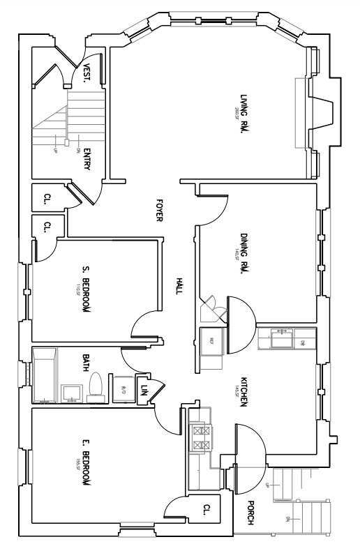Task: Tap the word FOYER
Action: point(159,209)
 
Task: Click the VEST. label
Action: point(87,73)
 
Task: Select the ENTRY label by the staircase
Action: point(87,160)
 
